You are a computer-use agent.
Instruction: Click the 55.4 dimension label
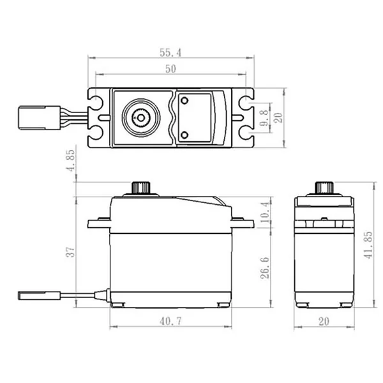tap(170, 52)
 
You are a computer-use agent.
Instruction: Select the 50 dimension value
tap(170, 69)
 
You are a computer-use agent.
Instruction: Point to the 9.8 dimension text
tap(264, 117)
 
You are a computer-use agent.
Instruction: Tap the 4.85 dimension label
tap(71, 160)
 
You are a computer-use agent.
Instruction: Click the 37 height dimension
tap(71, 252)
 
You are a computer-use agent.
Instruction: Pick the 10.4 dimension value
tap(266, 212)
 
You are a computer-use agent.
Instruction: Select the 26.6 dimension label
tap(265, 267)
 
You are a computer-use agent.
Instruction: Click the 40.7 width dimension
tap(170, 321)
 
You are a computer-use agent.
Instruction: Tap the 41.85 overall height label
tap(368, 245)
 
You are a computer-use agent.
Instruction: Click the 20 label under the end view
tap(324, 322)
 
